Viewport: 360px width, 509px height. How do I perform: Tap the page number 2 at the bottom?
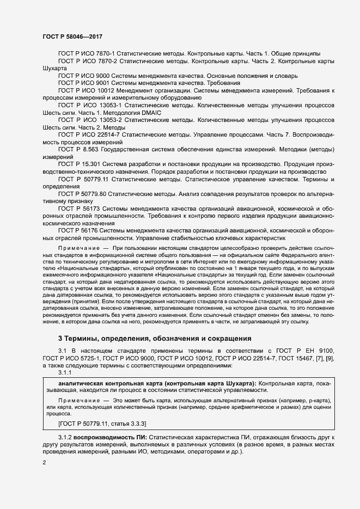[x=44, y=463]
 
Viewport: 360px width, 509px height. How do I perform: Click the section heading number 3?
[x=60, y=338]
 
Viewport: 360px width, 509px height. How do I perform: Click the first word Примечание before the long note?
[x=76, y=248]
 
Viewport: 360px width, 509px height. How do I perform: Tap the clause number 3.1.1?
[x=65, y=372]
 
